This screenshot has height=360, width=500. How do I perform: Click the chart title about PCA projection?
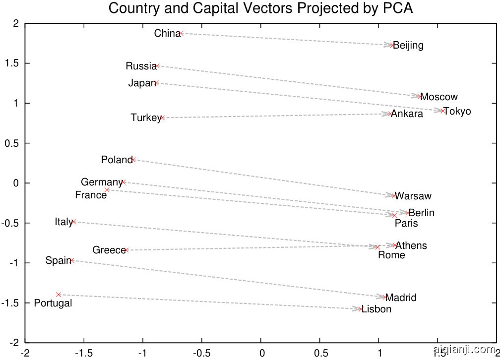click(x=260, y=8)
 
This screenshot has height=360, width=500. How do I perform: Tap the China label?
click(x=167, y=34)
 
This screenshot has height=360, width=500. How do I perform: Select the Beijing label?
click(x=408, y=46)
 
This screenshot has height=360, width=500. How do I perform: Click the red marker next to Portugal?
click(x=59, y=295)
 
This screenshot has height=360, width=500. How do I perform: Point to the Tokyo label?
click(x=457, y=111)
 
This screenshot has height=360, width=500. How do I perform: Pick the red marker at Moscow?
click(x=420, y=96)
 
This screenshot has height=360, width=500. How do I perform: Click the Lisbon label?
click(x=376, y=309)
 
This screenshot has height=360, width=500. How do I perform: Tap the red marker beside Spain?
click(x=72, y=260)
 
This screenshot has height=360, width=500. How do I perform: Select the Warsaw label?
click(x=414, y=196)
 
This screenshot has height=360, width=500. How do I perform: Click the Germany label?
click(x=101, y=182)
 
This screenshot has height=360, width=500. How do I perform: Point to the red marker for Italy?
click(x=73, y=222)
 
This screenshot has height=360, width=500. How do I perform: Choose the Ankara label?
click(x=408, y=114)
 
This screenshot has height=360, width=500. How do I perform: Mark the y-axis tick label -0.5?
click(x=10, y=223)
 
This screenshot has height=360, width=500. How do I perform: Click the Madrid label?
click(x=401, y=298)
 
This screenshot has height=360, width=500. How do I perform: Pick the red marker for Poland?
click(x=133, y=160)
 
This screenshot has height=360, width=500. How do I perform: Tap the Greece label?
click(x=109, y=250)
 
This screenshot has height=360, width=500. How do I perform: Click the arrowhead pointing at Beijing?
click(x=389, y=45)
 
